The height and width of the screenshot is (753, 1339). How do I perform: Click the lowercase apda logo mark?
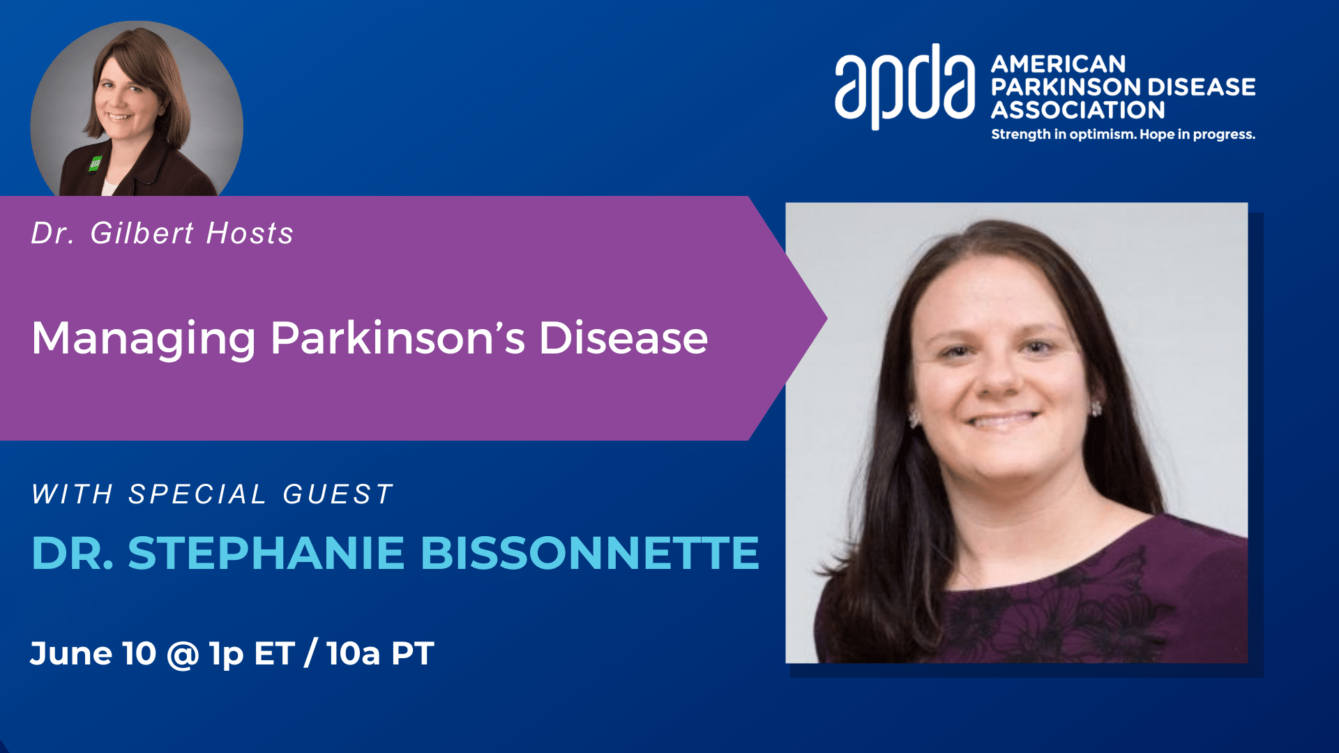[x=905, y=86]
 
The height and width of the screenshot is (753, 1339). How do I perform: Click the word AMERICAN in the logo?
[x=1058, y=64]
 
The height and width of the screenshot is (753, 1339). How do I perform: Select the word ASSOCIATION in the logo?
[x=1077, y=110]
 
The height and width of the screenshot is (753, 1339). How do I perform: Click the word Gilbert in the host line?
[x=142, y=233]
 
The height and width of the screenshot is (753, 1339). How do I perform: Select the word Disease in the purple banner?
[x=623, y=338]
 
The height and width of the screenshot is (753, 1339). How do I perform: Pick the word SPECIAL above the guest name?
[x=197, y=494]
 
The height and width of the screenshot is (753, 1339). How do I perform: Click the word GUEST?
[x=338, y=494]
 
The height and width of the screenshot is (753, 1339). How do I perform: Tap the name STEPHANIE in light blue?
[x=266, y=553]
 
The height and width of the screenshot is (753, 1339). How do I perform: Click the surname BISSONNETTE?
[x=590, y=553]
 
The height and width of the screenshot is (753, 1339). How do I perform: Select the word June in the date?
[x=71, y=653]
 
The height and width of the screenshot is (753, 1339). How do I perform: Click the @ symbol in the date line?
[x=183, y=655]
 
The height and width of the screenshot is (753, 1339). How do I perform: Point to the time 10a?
[x=354, y=653]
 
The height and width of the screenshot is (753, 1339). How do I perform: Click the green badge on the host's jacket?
[x=95, y=164]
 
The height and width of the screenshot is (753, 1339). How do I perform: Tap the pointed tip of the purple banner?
[x=826, y=319]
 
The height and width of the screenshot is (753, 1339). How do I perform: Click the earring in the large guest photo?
[x=1096, y=408]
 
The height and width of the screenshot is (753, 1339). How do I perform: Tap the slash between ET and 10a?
[x=311, y=653]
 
